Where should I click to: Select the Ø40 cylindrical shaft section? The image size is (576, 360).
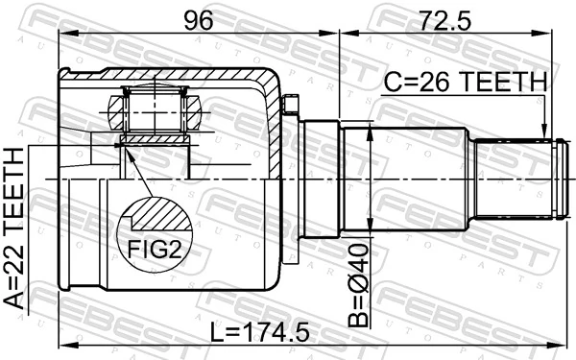pyautogui.click(x=403, y=179)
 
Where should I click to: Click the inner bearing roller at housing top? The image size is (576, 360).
pyautogui.click(x=154, y=108)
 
